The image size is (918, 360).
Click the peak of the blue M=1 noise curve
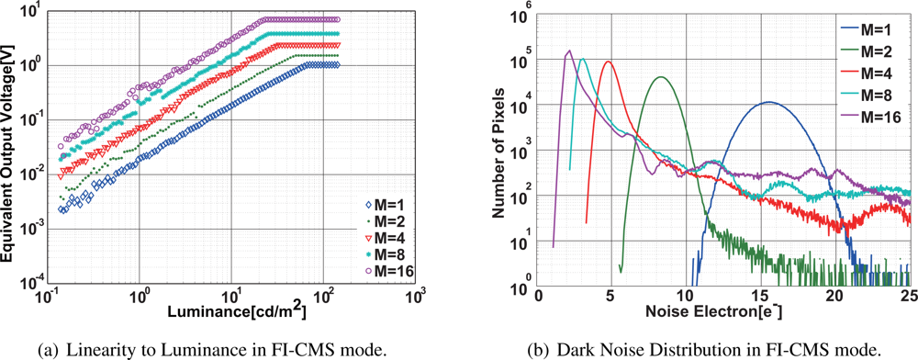(x=768, y=102)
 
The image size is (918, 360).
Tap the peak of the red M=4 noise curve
(x=608, y=62)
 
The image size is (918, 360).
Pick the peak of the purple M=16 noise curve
(x=569, y=51)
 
